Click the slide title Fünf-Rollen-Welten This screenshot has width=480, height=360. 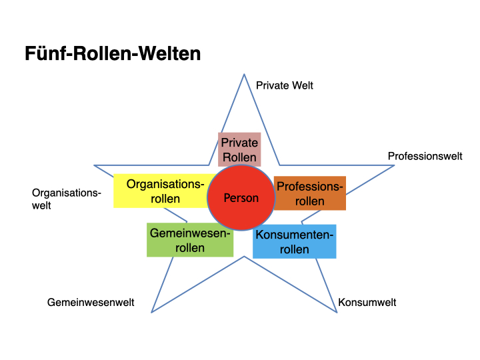coord(113,53)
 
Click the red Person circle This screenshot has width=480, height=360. coord(241,197)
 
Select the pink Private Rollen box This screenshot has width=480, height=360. coord(239,149)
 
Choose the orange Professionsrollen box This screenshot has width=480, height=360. coord(310,193)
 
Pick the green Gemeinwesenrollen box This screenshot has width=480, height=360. coord(190,240)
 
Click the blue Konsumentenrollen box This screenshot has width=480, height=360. coord(294,241)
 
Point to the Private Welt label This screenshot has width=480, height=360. coord(284,85)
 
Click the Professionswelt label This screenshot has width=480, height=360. coord(425,156)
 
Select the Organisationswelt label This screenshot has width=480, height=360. coord(66,199)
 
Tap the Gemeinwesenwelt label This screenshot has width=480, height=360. coord(91,302)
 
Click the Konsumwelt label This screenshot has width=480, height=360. coord(367,302)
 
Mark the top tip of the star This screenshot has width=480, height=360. coord(241,73)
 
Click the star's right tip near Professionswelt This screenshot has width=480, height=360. coord(394,166)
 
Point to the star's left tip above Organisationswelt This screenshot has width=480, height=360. coord(94,165)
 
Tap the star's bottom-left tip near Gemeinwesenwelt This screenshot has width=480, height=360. coord(152,312)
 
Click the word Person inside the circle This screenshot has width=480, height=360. coord(241,198)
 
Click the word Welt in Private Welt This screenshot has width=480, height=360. coord(301,85)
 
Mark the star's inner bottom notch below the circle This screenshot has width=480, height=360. coord(244,257)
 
